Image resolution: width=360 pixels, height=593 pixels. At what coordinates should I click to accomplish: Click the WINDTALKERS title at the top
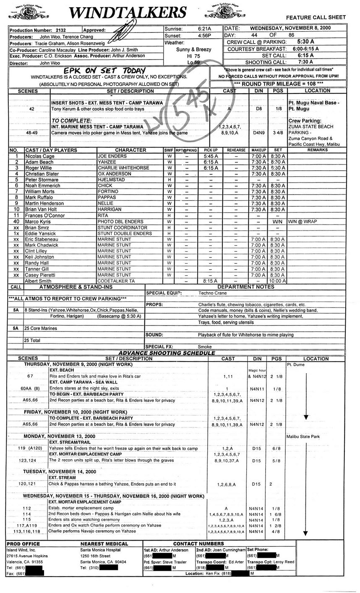(128, 13)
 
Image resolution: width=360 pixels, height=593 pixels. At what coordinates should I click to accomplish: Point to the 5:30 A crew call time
(305, 42)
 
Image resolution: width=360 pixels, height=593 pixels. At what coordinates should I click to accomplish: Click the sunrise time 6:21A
(204, 29)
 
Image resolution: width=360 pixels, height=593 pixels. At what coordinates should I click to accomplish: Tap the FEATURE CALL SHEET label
(316, 17)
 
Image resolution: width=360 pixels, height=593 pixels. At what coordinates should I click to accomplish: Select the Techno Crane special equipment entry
(212, 293)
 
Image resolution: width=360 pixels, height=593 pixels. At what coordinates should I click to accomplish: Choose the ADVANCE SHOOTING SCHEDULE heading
(167, 353)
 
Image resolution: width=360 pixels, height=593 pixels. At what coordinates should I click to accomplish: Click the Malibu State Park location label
(303, 437)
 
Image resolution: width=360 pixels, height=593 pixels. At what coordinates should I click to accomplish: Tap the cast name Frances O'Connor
(44, 215)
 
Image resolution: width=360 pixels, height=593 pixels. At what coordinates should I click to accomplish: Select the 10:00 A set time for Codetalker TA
(277, 281)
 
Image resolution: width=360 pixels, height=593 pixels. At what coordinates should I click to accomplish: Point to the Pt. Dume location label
(296, 364)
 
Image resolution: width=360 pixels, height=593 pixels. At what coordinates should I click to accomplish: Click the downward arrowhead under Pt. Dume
(306, 417)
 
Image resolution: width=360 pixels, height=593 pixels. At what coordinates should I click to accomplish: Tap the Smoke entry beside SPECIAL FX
(205, 347)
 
